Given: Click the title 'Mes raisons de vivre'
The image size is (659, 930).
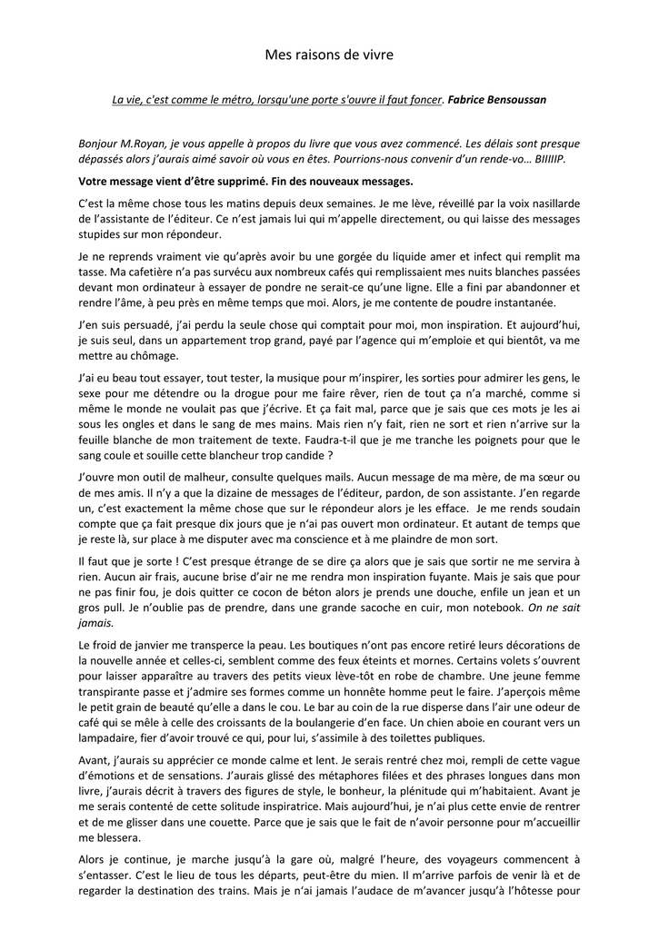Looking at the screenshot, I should point(329,55).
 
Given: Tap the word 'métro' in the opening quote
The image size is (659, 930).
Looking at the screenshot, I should point(232,99).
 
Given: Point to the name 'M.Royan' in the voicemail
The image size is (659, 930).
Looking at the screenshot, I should point(143,143).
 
